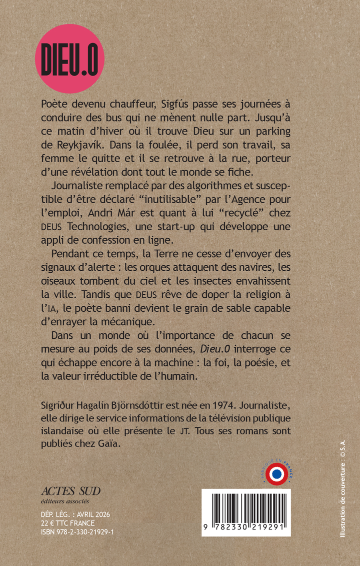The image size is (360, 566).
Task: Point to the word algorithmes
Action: [x=215, y=187]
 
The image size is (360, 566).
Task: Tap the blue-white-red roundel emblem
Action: [x=276, y=473]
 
